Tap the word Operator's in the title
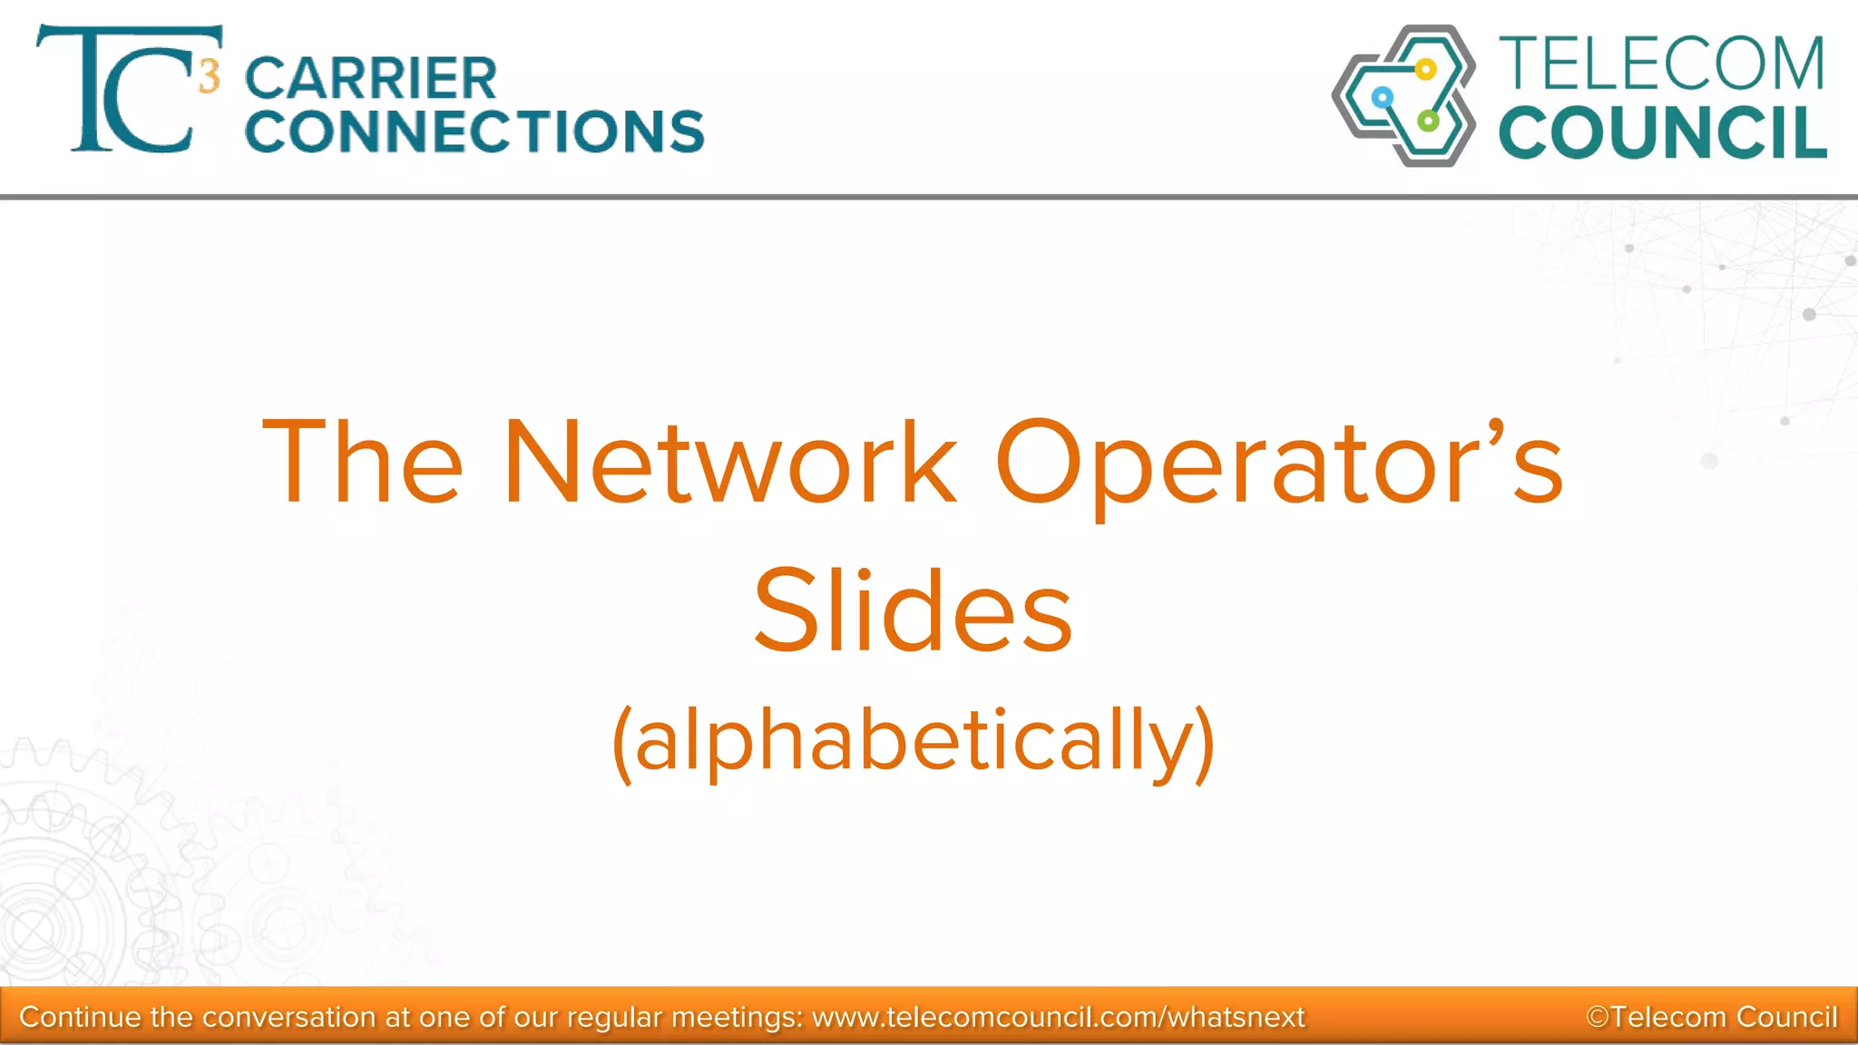(x=1279, y=463)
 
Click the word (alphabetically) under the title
(x=914, y=741)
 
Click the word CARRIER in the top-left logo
(x=371, y=79)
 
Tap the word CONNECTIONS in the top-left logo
(x=474, y=132)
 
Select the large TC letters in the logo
(x=118, y=91)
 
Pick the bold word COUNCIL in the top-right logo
(x=1663, y=133)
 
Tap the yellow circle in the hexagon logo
(x=1425, y=69)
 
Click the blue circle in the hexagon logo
(x=1382, y=97)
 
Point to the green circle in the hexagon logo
(x=1428, y=121)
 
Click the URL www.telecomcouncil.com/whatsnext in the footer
(x=1058, y=1017)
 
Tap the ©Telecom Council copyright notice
(x=1711, y=1017)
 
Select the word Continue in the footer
(x=81, y=1017)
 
